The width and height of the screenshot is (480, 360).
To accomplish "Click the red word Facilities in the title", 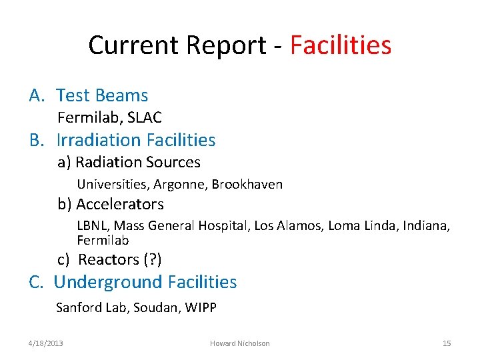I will [x=341, y=45].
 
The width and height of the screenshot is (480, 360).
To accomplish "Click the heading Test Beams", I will [x=102, y=96].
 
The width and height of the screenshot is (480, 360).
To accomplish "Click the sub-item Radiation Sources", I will [x=137, y=162].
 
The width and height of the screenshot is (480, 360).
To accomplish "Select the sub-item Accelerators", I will [x=119, y=204].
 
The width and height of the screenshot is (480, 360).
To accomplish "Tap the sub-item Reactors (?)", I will [x=120, y=259].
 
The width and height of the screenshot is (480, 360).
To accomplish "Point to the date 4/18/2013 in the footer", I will [x=46, y=343].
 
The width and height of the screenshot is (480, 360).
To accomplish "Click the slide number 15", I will [x=447, y=343].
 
